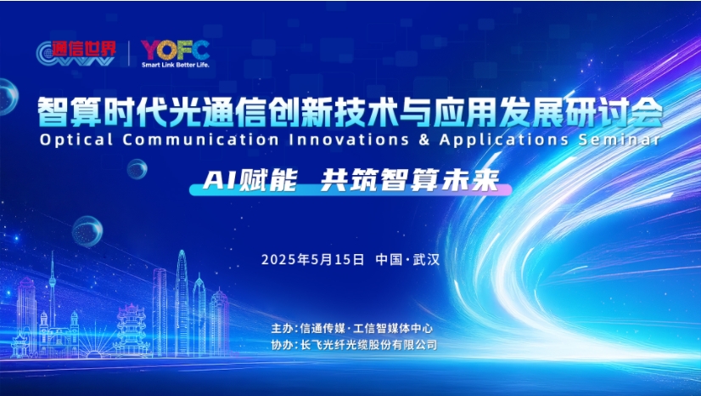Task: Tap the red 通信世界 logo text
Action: (84, 48)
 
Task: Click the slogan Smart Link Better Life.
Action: (175, 65)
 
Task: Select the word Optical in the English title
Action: (76, 139)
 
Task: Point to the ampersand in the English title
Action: (424, 139)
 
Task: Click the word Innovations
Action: (349, 139)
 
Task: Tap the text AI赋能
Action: (250, 180)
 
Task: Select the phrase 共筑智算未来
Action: (410, 180)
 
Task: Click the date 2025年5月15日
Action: (312, 259)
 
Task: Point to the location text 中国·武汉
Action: (407, 259)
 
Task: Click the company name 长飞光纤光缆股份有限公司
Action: (369, 345)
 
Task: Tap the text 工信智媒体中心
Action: (393, 328)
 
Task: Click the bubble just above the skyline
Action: (87, 231)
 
